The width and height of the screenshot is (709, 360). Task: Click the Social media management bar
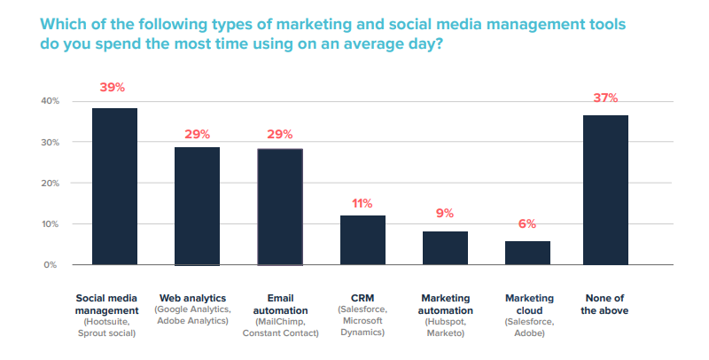click(x=114, y=186)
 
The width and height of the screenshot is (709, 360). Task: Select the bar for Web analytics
click(x=197, y=206)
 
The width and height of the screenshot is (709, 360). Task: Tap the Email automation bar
click(x=279, y=207)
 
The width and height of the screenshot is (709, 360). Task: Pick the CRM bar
click(x=362, y=239)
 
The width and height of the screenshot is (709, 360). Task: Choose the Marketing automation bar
click(x=445, y=247)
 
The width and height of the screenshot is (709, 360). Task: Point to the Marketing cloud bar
click(x=527, y=253)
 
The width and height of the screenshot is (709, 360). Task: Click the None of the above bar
click(x=605, y=190)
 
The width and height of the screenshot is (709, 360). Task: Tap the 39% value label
click(x=114, y=88)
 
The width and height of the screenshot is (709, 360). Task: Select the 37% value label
click(x=605, y=98)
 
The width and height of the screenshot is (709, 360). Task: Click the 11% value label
click(x=362, y=203)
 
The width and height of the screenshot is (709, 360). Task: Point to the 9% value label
click(x=445, y=213)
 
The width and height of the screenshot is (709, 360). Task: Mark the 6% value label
click(x=527, y=224)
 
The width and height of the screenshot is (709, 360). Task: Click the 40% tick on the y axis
click(x=49, y=101)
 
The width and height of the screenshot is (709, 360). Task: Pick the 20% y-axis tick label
click(x=49, y=183)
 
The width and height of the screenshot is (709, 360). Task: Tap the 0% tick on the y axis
click(x=51, y=265)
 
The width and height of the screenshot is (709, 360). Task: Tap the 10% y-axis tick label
click(x=49, y=224)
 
